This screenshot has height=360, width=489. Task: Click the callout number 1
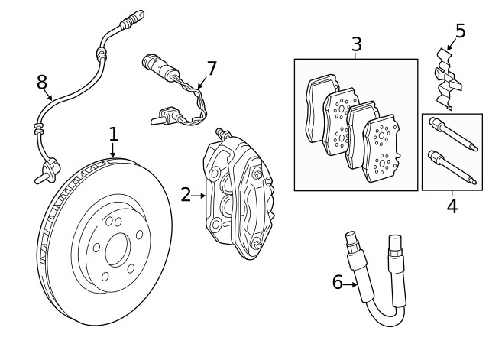click(x=113, y=135)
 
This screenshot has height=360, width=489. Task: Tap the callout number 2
click(x=186, y=195)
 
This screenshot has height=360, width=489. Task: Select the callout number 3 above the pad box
click(x=356, y=44)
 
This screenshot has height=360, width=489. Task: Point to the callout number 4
click(x=452, y=206)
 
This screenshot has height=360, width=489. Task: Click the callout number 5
click(x=460, y=31)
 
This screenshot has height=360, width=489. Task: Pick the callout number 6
click(x=337, y=283)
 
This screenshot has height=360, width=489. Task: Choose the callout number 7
click(x=212, y=69)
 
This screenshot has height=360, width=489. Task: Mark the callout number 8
click(x=42, y=83)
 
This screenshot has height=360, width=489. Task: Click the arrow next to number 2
click(x=200, y=196)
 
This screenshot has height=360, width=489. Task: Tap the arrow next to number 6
click(x=353, y=284)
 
